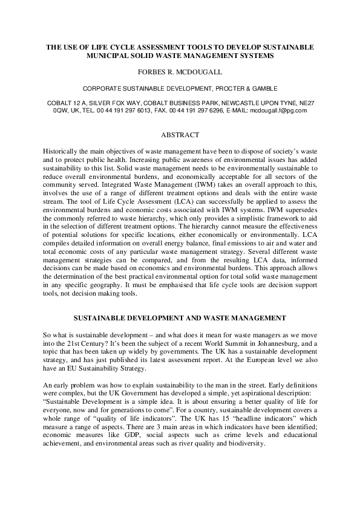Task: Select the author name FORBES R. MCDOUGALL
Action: [180, 72]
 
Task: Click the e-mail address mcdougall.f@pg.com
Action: [279, 111]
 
